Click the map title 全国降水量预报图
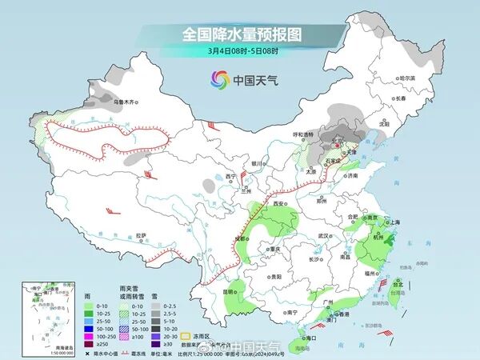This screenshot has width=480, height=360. [239, 34]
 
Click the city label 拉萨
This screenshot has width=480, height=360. [141, 235]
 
